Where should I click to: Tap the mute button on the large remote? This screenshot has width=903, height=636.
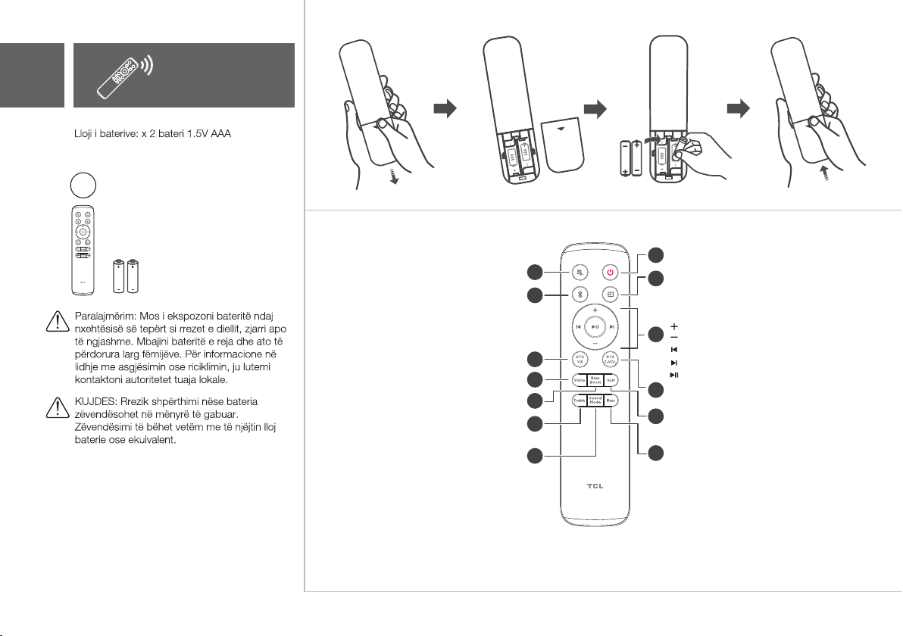click(x=580, y=272)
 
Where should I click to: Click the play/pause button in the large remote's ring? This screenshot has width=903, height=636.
click(x=595, y=326)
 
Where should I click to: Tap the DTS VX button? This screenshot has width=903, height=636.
click(x=580, y=359)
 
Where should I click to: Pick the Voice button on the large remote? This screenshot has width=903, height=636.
click(x=579, y=381)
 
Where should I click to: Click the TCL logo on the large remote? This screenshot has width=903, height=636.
click(x=595, y=487)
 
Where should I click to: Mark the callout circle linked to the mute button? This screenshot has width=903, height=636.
click(x=535, y=272)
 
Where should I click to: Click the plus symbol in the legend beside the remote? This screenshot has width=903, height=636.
click(x=673, y=326)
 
